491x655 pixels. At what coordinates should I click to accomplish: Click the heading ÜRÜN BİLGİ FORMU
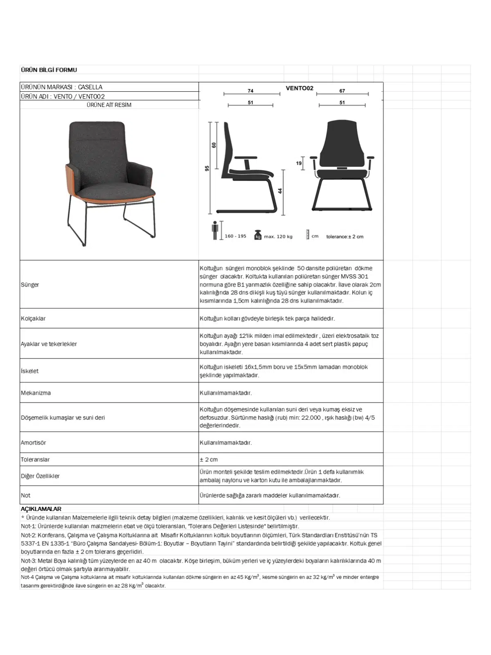[49, 70]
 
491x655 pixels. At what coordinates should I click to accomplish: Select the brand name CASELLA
[90, 87]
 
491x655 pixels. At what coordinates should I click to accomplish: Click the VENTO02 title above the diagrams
[300, 88]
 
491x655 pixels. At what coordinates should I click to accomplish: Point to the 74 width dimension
[250, 91]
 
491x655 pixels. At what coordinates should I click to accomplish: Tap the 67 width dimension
[342, 91]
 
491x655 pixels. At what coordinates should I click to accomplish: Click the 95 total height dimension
[207, 168]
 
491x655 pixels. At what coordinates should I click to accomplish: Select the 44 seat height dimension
[280, 191]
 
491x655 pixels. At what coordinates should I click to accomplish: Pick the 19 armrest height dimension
[299, 163]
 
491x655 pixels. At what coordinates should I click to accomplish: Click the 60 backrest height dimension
[214, 145]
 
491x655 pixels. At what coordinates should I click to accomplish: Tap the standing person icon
[215, 230]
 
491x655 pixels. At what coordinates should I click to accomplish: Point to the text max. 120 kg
[278, 237]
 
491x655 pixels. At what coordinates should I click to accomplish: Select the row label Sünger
[30, 285]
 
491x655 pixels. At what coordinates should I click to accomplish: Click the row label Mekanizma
[36, 393]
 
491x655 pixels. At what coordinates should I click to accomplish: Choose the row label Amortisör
[34, 443]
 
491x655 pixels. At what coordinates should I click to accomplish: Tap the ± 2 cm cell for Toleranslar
[209, 460]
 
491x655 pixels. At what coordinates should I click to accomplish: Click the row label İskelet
[29, 371]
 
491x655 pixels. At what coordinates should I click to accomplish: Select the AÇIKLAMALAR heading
[41, 509]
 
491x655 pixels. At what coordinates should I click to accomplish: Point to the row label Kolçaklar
[33, 318]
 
